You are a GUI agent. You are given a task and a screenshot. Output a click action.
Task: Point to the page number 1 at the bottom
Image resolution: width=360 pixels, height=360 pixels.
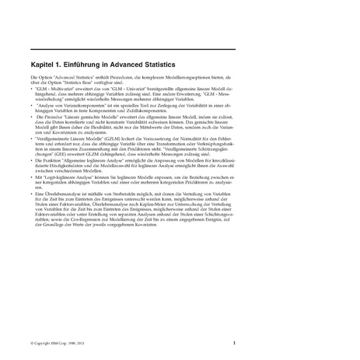click(x=234, y=342)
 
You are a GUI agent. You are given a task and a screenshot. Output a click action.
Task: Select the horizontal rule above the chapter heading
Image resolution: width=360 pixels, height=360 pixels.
click(x=132, y=49)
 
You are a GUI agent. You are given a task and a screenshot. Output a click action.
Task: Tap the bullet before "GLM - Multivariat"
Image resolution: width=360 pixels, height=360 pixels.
click(x=32, y=89)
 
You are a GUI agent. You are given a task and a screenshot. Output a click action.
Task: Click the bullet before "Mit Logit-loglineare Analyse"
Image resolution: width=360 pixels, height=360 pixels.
click(x=32, y=177)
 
